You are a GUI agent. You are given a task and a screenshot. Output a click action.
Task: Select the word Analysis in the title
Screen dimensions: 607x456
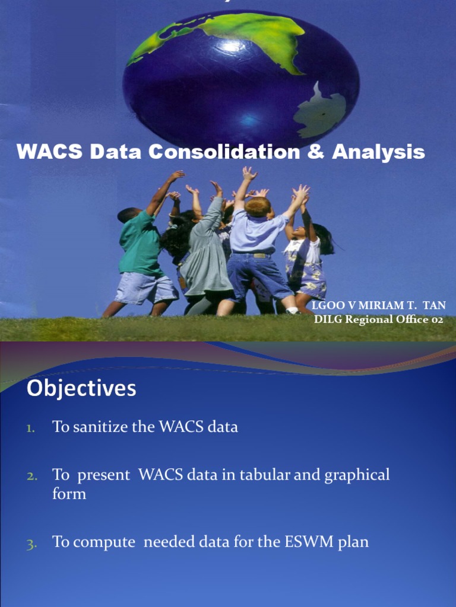[x=378, y=152]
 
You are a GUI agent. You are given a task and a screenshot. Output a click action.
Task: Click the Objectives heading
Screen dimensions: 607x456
[x=81, y=389]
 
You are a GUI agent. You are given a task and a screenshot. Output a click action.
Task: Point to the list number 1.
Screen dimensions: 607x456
[x=31, y=427]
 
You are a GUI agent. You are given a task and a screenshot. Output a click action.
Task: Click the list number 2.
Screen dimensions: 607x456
[x=31, y=475]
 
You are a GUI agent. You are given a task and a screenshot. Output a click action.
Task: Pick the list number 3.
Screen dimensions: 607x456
[x=31, y=542]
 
